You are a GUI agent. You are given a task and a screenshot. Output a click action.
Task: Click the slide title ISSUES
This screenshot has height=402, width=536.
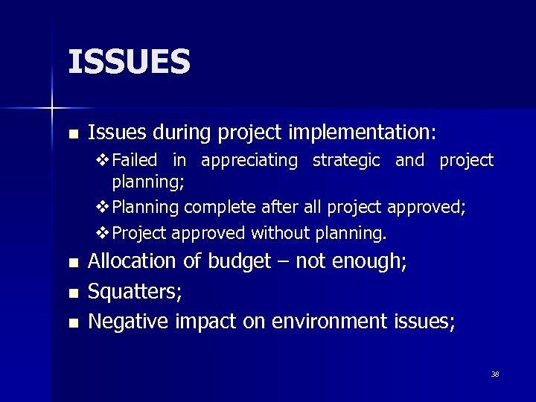130,62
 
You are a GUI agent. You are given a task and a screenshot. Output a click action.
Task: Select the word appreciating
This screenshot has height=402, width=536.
249,161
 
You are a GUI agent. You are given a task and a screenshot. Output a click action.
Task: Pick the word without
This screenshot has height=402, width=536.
278,233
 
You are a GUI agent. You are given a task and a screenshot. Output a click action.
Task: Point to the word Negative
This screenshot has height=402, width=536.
130,322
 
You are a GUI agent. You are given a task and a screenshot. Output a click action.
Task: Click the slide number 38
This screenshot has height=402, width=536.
495,374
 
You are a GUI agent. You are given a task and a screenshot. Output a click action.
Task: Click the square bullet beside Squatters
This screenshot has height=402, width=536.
72,293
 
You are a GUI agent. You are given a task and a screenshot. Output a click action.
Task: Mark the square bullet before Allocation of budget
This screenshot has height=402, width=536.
72,263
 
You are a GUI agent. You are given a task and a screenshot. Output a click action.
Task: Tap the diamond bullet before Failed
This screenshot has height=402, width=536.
103,161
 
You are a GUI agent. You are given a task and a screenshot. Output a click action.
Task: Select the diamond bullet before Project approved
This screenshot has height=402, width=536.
103,233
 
